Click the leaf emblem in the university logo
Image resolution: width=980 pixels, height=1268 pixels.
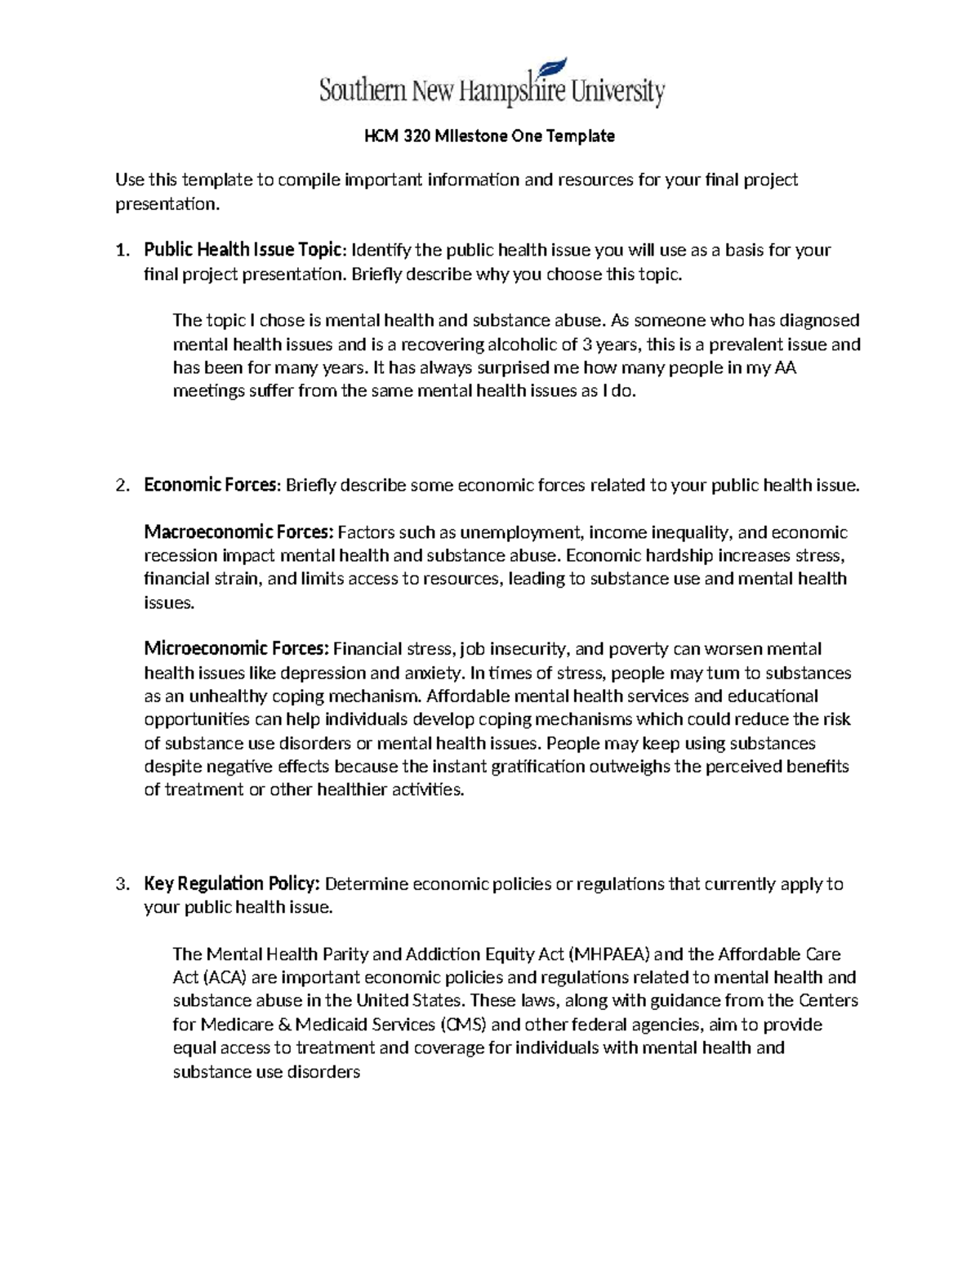(x=555, y=71)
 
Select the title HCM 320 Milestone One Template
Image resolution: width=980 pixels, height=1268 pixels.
(x=489, y=136)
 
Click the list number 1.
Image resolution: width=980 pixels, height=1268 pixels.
(x=122, y=250)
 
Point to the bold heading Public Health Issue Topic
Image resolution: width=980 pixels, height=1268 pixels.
(x=242, y=250)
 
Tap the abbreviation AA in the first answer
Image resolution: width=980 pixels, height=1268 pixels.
(x=785, y=367)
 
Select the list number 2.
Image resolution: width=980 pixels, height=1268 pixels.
(x=122, y=486)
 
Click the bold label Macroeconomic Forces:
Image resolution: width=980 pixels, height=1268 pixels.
(x=238, y=532)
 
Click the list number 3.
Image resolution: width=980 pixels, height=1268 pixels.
(x=122, y=884)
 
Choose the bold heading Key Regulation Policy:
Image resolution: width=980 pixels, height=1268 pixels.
(x=233, y=884)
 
